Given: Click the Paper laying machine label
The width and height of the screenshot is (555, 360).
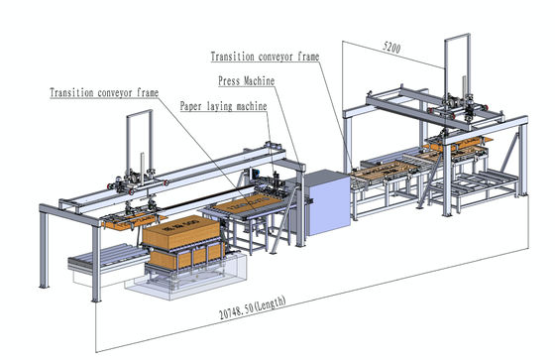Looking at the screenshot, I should (223, 104).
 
